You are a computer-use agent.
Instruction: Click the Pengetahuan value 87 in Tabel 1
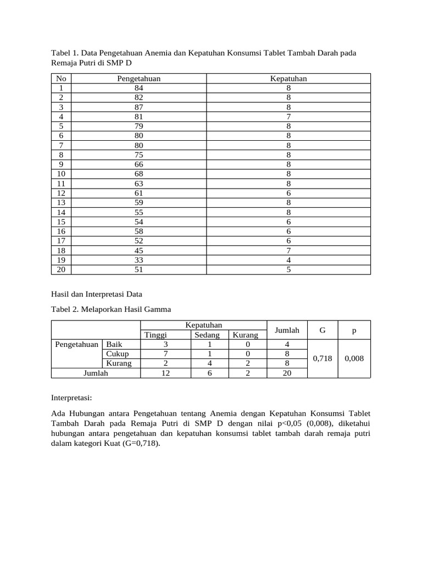click(x=139, y=107)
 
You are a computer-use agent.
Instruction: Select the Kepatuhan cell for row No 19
click(x=288, y=260)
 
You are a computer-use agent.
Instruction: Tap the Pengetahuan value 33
click(x=139, y=260)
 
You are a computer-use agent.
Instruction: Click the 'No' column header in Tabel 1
click(x=62, y=79)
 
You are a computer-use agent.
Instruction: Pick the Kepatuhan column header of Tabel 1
click(x=288, y=79)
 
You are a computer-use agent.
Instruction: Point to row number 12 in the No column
click(x=62, y=193)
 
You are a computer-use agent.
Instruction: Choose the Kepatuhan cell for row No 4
click(x=288, y=117)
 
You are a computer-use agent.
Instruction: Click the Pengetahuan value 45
click(x=139, y=250)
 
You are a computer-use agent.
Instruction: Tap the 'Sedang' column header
click(x=207, y=335)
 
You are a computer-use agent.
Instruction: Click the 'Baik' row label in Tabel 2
click(x=114, y=345)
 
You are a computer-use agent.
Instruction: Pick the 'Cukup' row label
click(x=117, y=354)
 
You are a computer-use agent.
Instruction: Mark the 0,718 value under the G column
click(x=323, y=358)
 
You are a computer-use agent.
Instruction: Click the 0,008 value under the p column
click(x=354, y=358)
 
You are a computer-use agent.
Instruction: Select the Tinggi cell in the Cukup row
click(x=165, y=354)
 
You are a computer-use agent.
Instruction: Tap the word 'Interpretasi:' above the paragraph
click(x=71, y=397)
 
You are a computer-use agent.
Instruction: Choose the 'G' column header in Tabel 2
click(x=323, y=330)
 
